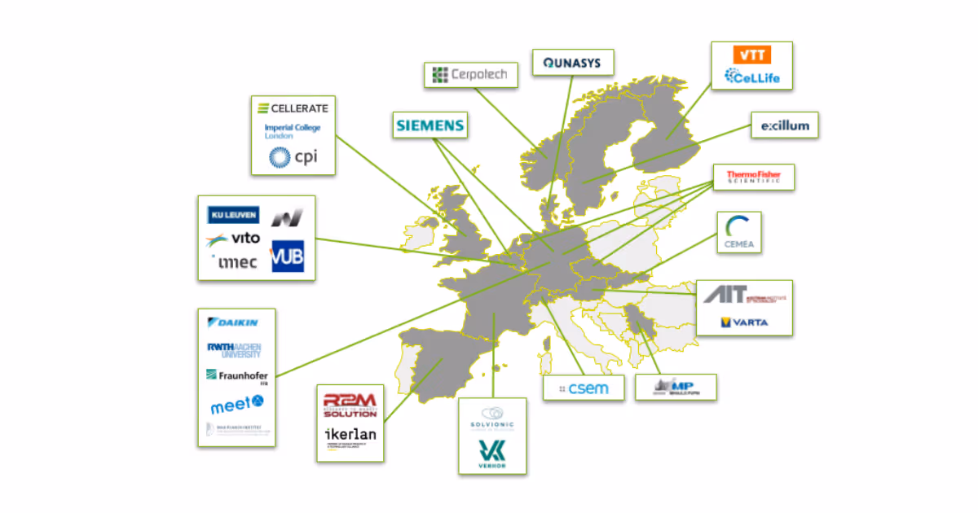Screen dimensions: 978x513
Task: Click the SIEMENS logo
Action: coord(429,125)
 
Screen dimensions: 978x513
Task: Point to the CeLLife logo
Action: coord(751,77)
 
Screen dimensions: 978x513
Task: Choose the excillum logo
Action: coord(784,126)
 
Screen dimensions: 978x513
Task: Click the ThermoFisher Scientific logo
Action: coord(753,177)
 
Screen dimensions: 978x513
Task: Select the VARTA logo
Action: coord(744,322)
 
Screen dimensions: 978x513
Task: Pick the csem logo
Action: coord(584,388)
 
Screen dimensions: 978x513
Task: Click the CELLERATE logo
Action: coord(293,108)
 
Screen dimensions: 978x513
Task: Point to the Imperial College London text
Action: coord(293,131)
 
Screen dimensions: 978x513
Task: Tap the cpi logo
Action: coord(293,156)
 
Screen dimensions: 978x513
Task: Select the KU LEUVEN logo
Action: coord(234,215)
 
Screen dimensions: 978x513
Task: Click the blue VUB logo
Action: coord(287,256)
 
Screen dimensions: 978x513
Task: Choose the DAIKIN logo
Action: coord(234,322)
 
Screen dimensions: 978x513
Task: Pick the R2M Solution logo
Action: coord(350,404)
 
